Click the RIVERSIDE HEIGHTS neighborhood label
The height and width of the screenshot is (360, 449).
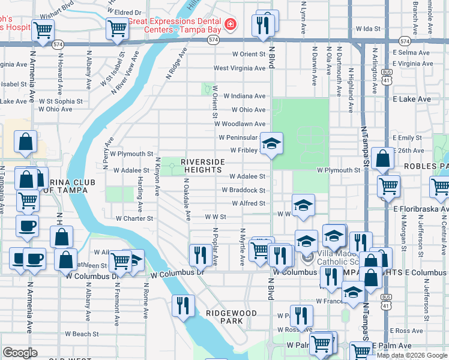click(x=203, y=166)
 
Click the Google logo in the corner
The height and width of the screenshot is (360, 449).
click(x=19, y=353)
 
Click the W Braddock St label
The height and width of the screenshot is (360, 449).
click(x=243, y=190)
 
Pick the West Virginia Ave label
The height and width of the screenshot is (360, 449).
click(x=239, y=68)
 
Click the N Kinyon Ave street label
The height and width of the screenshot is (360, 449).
click(x=158, y=176)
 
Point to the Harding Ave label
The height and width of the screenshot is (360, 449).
click(x=140, y=194)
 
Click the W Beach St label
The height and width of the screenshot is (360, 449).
click(x=82, y=334)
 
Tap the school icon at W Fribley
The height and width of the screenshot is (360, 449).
click(x=271, y=143)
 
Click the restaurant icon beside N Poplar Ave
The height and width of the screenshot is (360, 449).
click(x=197, y=255)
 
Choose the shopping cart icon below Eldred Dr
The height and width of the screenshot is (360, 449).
click(x=118, y=28)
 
